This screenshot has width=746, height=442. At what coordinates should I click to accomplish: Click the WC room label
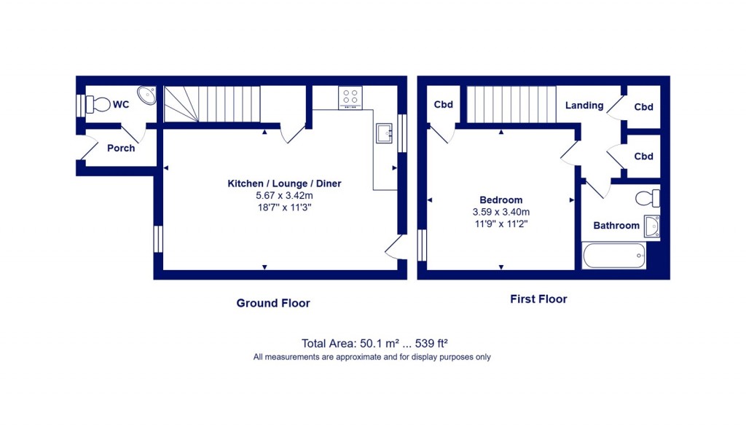(121, 105)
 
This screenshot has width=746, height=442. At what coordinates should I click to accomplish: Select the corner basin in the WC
(149, 95)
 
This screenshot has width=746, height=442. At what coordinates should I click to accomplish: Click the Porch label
(121, 148)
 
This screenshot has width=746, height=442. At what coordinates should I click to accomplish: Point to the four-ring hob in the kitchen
(350, 97)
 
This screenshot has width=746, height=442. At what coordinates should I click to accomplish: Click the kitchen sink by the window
(384, 133)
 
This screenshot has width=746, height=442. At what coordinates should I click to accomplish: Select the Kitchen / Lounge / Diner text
(284, 183)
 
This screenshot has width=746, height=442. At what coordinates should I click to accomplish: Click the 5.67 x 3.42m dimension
(284, 195)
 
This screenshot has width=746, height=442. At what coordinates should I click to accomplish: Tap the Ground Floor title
(273, 303)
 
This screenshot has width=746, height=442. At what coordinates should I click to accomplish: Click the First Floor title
(538, 299)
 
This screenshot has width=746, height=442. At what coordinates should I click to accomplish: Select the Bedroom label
(500, 200)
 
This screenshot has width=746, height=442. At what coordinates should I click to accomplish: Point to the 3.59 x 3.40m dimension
(500, 212)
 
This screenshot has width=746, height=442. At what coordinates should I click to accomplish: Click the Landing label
(584, 106)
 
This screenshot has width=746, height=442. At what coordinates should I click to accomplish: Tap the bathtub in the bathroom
(614, 256)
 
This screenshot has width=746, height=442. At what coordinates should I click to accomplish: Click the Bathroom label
(616, 226)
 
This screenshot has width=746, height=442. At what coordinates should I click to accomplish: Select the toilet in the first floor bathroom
(647, 198)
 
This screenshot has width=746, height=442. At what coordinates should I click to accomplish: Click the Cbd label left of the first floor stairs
(444, 105)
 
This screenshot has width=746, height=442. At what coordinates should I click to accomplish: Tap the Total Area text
(379, 343)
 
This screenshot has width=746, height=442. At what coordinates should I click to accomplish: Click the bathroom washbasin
(653, 226)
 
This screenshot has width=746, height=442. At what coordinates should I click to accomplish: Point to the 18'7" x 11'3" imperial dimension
(284, 208)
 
